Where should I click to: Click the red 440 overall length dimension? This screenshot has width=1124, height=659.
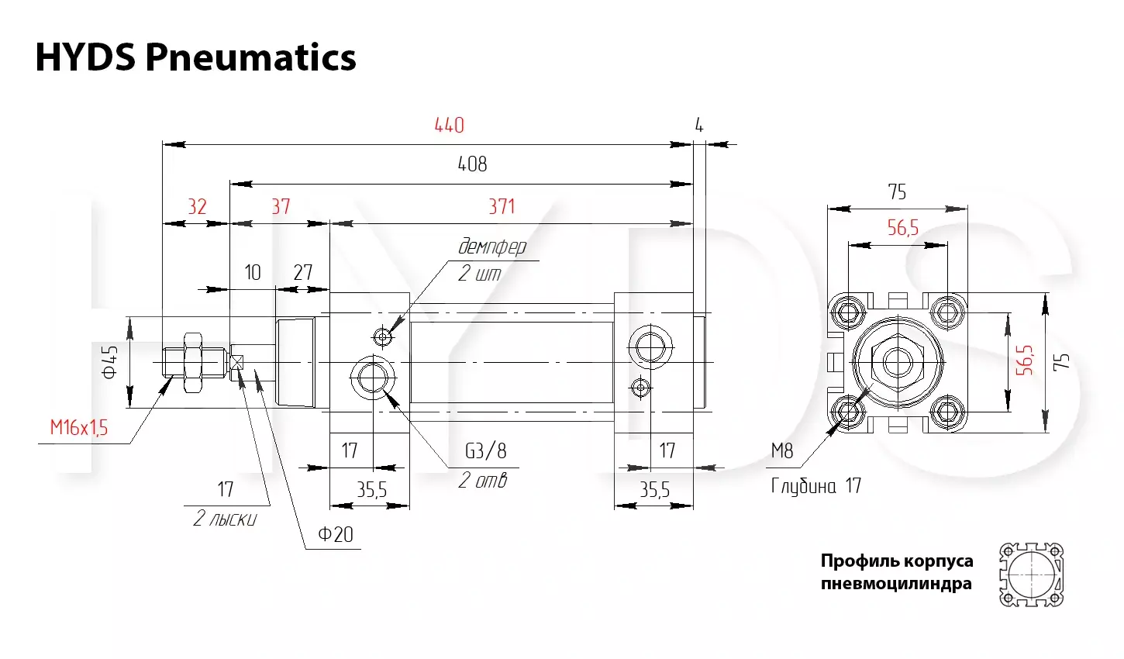click(x=449, y=125)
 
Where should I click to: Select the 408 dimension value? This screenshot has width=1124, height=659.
click(x=472, y=164)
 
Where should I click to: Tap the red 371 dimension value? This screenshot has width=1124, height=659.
click(x=502, y=207)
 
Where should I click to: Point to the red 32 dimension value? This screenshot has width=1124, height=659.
click(x=197, y=207)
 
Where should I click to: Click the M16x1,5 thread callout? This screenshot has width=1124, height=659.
click(x=79, y=428)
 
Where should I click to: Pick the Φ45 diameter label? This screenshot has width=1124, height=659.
click(x=110, y=361)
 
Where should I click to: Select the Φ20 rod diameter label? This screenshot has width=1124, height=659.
click(x=336, y=534)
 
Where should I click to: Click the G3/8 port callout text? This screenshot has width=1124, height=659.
click(x=486, y=450)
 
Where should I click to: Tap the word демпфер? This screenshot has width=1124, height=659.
click(x=492, y=247)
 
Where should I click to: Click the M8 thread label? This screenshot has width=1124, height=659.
click(x=782, y=450)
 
